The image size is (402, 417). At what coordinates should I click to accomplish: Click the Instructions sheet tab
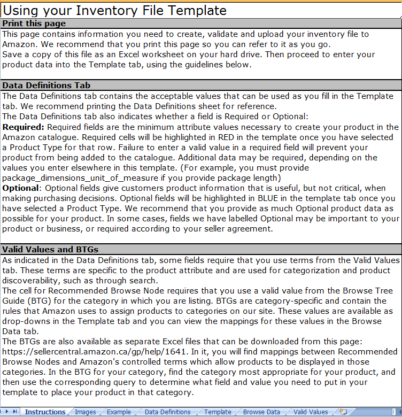45,412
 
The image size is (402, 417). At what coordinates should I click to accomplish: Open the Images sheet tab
86,412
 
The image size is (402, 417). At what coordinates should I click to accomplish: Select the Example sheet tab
119,412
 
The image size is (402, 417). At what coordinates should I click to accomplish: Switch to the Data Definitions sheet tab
167,412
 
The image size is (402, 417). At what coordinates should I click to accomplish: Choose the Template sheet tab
218,412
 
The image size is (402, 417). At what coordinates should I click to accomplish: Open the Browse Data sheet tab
261,412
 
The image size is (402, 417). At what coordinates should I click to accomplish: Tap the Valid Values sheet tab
311,412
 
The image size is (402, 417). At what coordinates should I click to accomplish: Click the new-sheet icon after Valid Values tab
343,412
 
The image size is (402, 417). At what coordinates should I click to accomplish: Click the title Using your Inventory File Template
115,10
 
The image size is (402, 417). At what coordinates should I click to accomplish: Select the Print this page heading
34,23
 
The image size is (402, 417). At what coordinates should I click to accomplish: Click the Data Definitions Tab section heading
47,85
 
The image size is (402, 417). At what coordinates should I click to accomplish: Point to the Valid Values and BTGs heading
50,249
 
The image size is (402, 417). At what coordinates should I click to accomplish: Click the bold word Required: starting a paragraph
23,127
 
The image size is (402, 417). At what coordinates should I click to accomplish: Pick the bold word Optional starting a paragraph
21,188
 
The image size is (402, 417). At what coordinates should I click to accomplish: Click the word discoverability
35,280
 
